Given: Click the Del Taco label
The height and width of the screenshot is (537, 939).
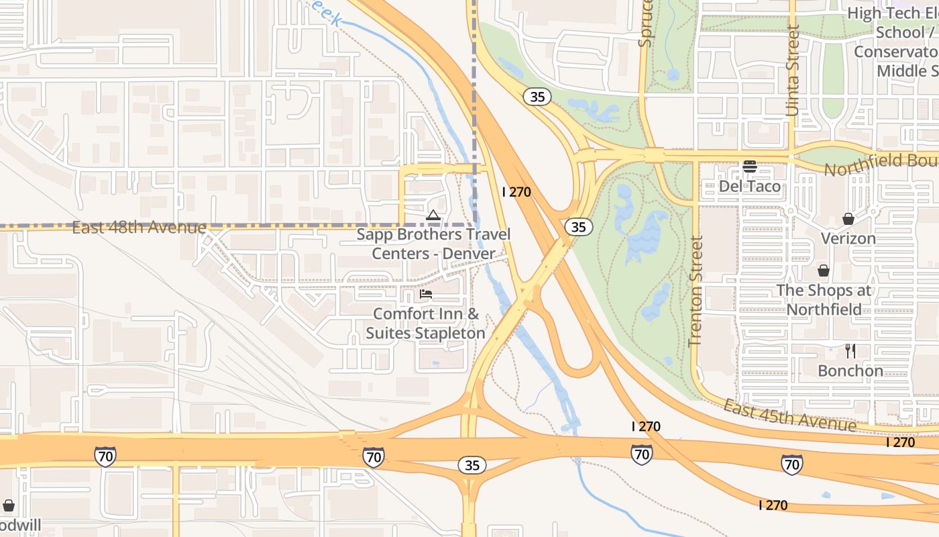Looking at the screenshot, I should (749, 186).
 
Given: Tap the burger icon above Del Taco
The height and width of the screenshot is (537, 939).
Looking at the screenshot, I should (749, 166).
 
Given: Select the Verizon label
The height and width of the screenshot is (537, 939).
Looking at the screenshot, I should (848, 238).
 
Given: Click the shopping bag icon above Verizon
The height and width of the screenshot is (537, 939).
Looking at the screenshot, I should (848, 219).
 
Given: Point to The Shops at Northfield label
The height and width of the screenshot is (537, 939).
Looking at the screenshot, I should (824, 300).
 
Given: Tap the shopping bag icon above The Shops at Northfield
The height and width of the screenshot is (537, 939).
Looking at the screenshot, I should (823, 271).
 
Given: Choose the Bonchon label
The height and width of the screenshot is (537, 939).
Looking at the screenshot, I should (850, 371).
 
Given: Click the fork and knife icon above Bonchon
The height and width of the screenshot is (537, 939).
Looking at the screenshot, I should (850, 351).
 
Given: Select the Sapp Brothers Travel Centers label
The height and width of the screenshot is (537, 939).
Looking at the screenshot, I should (433, 244).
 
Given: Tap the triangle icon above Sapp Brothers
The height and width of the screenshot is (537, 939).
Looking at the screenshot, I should (433, 215).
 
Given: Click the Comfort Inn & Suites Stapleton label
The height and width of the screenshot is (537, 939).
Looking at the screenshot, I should (425, 323).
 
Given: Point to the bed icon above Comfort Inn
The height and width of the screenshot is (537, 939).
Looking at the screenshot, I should (425, 294).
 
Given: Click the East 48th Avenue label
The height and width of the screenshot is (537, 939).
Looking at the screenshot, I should (139, 228).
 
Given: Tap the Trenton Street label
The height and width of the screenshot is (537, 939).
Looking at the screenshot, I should (696, 291).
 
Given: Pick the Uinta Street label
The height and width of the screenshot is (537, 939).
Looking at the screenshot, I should (793, 70).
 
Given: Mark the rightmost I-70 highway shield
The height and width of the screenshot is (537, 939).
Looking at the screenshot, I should (791, 464).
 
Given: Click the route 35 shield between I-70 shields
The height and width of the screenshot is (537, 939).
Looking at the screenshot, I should (472, 465).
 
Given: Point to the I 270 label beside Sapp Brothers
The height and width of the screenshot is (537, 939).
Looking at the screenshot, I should (516, 192).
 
